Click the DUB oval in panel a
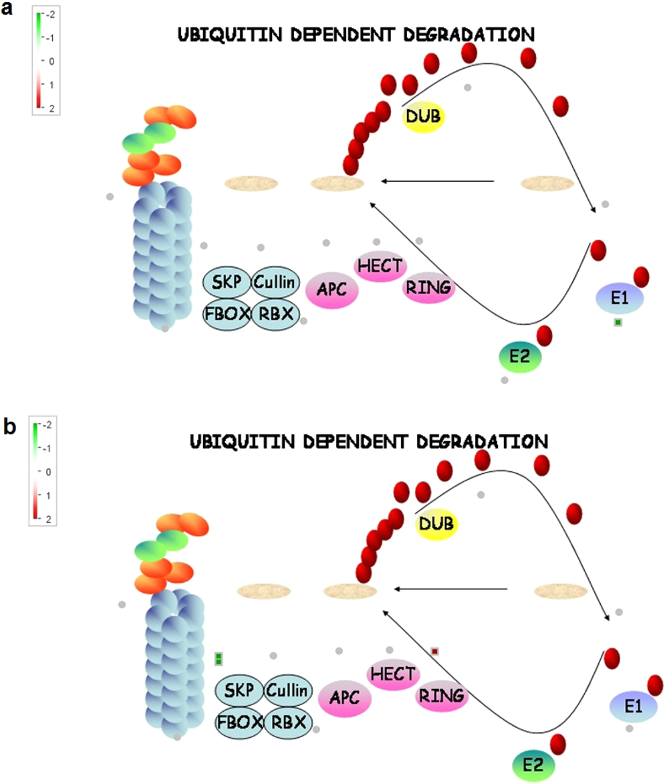point(424,117)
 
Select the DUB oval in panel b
point(436,523)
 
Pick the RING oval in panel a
point(428,288)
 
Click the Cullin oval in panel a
point(276,283)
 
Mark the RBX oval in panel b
point(289,722)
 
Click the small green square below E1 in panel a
point(618,323)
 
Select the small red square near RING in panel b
point(435,651)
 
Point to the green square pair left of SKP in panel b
point(219,659)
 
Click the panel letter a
point(9,13)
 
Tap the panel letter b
point(9,426)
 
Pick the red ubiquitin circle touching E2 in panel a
point(544,336)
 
